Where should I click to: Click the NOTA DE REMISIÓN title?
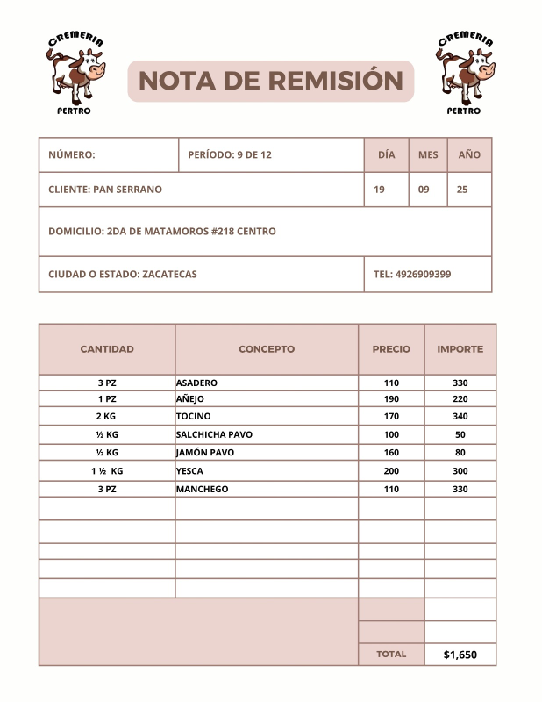[x=270, y=81]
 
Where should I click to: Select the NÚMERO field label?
[x=72, y=154]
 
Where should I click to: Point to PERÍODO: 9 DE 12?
[x=230, y=154]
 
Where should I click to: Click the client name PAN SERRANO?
[x=105, y=190]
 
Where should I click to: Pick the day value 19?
[x=379, y=190]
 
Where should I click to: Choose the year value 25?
[x=463, y=190]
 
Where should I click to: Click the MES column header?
[x=428, y=154]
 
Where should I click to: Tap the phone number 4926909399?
[x=412, y=274]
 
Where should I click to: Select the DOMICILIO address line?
[x=162, y=232]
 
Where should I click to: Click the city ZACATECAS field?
[x=123, y=274]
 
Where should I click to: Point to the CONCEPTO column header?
[x=267, y=349]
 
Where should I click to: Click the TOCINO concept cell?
[x=194, y=416]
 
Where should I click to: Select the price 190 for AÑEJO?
[x=391, y=399]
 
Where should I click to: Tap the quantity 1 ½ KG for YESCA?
[x=107, y=471]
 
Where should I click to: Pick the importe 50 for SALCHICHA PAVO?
[x=460, y=434]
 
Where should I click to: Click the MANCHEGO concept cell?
[x=202, y=489]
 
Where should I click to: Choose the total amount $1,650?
[x=460, y=655]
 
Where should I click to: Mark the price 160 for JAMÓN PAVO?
[x=391, y=453]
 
